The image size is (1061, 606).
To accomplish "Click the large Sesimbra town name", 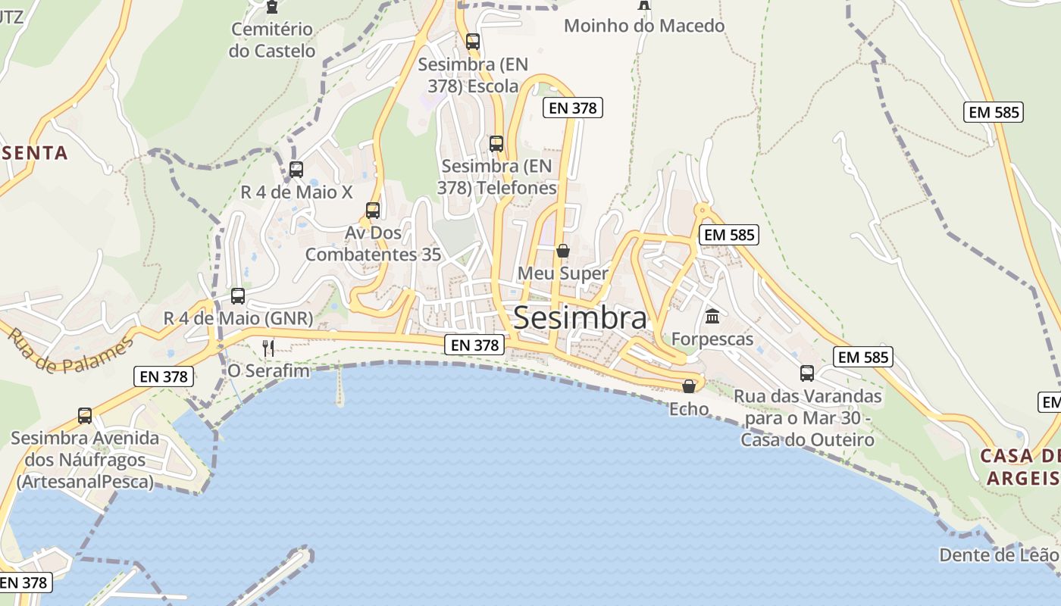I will click(581, 318).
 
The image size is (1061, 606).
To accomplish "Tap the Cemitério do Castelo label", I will click(272, 40).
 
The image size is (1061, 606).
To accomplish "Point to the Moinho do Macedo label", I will click(644, 26).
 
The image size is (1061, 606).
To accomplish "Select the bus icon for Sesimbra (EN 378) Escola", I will click(473, 42).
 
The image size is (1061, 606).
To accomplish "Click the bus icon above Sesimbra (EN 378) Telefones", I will click(496, 143).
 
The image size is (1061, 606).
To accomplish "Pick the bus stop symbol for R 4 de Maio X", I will click(296, 170).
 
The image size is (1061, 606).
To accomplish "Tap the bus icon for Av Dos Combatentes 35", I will click(373, 211).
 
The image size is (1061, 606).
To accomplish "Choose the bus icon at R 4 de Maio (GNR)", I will click(238, 296).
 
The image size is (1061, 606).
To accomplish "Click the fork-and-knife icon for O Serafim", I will click(268, 348).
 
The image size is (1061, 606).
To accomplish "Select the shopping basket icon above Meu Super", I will click(563, 250).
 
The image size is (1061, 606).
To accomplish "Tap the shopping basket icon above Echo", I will click(689, 386).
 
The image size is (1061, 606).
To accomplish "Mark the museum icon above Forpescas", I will click(712, 316).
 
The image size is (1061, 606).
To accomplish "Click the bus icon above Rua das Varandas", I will click(807, 373).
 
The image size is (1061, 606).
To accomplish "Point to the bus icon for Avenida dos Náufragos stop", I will click(85, 415).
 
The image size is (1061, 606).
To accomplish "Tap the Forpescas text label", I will click(712, 339).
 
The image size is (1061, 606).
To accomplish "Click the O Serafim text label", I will click(269, 370).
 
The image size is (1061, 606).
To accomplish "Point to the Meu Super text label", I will click(563, 273).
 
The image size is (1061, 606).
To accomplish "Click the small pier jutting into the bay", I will click(339, 386).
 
